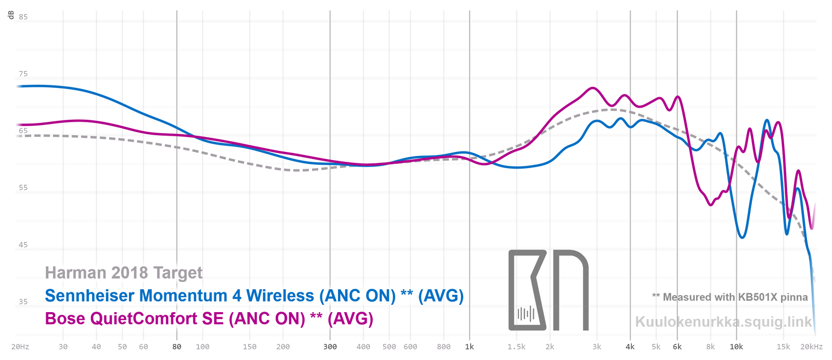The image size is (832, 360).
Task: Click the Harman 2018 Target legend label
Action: (124, 273)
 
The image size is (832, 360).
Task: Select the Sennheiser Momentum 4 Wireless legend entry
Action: (254, 295)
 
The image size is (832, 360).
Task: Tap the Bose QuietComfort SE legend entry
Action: (209, 318)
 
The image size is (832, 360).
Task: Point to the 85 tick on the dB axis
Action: (23, 17)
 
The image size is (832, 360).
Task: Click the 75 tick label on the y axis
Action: (23, 74)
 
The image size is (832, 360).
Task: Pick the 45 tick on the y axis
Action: (23, 245)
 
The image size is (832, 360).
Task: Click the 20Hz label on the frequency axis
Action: (20, 346)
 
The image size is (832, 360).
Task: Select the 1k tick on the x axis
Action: (470, 346)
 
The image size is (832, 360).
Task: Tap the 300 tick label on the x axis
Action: (330, 346)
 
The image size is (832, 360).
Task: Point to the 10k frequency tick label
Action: (736, 346)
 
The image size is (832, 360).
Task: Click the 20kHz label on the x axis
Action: (812, 346)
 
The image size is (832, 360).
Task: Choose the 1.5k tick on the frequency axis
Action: (517, 346)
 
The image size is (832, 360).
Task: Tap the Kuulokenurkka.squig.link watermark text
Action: (723, 322)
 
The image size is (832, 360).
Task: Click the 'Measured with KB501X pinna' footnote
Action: (730, 297)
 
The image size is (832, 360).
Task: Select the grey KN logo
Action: (548, 290)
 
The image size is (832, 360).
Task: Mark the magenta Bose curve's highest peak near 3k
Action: (593, 88)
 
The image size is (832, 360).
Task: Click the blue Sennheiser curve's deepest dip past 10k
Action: (742, 238)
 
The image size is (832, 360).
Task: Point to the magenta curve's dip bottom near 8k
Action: (711, 205)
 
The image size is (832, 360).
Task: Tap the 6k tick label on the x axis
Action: (677, 346)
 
